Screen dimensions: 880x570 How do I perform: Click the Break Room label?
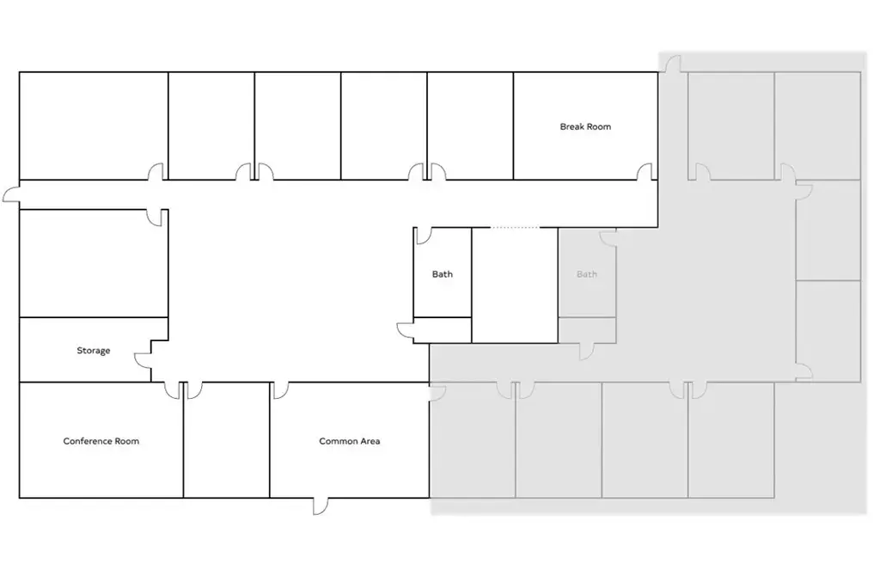585,127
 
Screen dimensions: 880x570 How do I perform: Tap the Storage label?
93,351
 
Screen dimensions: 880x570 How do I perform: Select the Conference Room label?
101,441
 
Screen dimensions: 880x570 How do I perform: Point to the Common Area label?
350,441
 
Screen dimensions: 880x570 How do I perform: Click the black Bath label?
443,274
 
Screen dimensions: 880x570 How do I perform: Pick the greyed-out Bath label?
586,274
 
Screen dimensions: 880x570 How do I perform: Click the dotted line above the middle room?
516,228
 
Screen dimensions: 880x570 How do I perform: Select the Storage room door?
143,360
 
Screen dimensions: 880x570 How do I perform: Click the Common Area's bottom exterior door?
321,506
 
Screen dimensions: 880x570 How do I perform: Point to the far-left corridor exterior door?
11,195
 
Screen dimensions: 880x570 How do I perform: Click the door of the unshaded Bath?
423,236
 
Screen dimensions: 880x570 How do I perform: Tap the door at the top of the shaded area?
673,64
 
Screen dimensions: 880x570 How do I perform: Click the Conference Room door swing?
172,390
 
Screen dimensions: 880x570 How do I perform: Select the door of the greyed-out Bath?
608,237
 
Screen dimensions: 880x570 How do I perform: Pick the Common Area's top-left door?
280,390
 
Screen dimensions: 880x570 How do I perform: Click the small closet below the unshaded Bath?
443,330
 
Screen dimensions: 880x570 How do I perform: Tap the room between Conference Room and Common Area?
227,439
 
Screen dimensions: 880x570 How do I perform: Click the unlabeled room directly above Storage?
94,263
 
